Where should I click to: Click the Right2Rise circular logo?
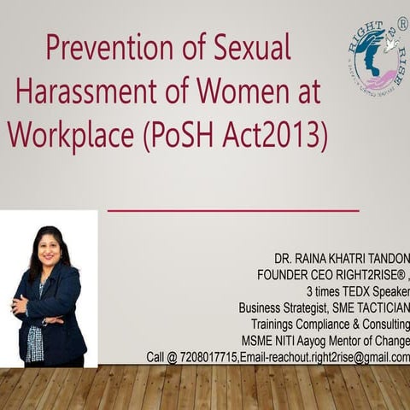point(376,55)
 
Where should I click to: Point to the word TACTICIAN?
point(377,307)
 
